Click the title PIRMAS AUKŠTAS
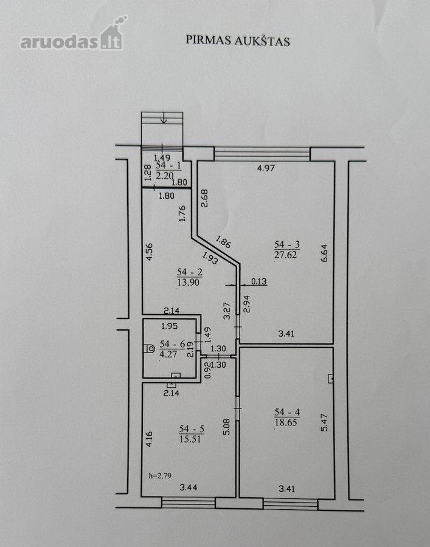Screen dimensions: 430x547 [x=237, y=40]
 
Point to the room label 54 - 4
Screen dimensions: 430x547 [x=287, y=412]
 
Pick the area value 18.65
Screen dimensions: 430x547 [x=286, y=422]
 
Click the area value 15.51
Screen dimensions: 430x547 [x=191, y=439]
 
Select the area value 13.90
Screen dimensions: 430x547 [x=189, y=282]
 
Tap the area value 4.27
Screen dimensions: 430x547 [x=168, y=354]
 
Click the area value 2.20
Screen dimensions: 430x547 [x=165, y=175]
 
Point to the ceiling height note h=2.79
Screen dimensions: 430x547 [x=160, y=475]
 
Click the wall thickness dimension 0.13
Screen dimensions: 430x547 [x=258, y=281]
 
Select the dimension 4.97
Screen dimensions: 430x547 [x=266, y=168]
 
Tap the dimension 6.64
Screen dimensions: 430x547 [x=325, y=253]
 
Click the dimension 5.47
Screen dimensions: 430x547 [x=325, y=422]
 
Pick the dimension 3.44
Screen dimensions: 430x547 [x=189, y=487]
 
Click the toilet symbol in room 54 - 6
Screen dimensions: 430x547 [x=149, y=348]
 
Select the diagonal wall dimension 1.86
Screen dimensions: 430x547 [x=223, y=242]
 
